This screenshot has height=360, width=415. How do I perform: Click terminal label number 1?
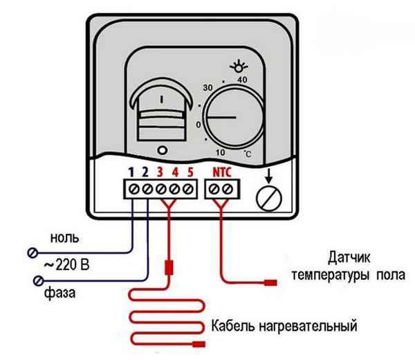click(130, 170)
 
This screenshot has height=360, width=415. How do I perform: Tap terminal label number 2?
click(146, 170)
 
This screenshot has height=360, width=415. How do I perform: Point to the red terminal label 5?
click(191, 170)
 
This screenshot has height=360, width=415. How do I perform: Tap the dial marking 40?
click(242, 80)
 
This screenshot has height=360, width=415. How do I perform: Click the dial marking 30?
click(206, 89)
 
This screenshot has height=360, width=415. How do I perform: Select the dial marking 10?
click(221, 152)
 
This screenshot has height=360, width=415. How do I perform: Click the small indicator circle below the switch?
click(161, 150)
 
